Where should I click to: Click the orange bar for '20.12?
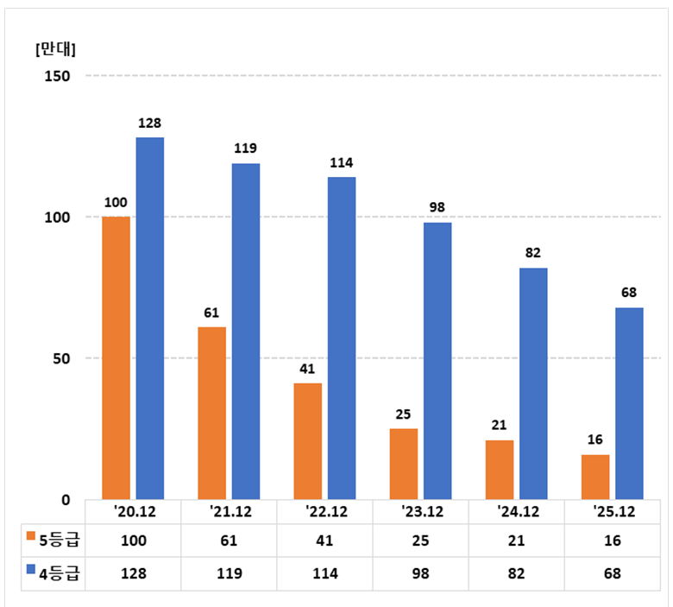(x=116, y=357)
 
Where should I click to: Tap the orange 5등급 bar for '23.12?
(x=403, y=464)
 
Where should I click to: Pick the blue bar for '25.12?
(x=629, y=403)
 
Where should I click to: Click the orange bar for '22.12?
(x=307, y=441)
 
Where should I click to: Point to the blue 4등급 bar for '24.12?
(x=533, y=383)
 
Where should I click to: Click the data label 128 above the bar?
(x=150, y=123)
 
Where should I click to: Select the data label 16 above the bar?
(x=594, y=440)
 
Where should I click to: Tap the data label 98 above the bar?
(x=437, y=208)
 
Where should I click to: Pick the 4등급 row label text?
(x=60, y=572)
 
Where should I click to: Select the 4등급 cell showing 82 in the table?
(x=519, y=572)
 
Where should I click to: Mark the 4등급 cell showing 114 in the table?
(x=326, y=572)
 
